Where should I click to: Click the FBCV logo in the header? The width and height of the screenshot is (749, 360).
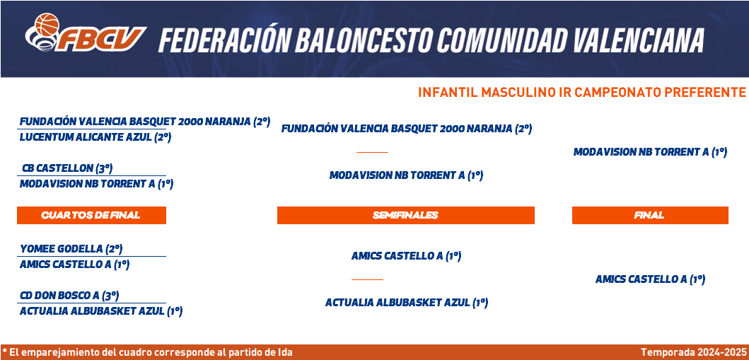[85, 33]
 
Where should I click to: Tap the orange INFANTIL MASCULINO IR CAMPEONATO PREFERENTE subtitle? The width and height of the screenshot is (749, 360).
[581, 92]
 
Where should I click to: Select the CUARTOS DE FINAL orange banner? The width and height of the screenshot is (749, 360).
[91, 215]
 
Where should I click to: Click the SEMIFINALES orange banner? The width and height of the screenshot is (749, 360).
[405, 215]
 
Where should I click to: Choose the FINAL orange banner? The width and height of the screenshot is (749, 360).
[650, 215]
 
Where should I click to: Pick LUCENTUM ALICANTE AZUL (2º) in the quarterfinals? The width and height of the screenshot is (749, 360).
[95, 137]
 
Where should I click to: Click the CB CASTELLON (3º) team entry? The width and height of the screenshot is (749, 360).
[67, 168]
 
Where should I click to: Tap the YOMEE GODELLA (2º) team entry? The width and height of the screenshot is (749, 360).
[71, 249]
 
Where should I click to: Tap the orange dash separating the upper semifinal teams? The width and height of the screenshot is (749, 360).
[372, 152]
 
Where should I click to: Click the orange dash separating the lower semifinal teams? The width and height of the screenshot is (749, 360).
[367, 279]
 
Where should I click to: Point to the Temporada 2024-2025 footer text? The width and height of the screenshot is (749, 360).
[693, 352]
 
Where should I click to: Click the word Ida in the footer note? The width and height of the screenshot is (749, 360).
[285, 352]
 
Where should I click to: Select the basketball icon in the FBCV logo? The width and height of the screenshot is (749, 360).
[47, 25]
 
